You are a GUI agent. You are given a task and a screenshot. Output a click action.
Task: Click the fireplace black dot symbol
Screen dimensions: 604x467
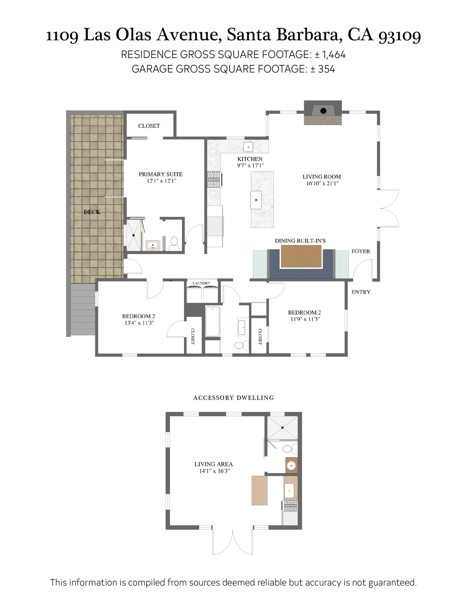[323, 111]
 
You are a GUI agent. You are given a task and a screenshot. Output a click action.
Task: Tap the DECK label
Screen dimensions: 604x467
[92, 212]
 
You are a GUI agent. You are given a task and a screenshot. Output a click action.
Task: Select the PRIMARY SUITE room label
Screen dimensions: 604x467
[161, 174]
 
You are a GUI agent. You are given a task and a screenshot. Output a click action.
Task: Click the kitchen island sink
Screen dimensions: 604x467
[256, 200]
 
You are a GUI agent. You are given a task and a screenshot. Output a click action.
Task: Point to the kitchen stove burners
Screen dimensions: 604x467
[213, 180]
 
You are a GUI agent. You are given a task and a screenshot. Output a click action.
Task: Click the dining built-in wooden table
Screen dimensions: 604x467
[301, 256]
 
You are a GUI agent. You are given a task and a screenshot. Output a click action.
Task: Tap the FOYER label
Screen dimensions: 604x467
[361, 251]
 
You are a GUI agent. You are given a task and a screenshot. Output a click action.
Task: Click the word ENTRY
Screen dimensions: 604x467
[361, 292]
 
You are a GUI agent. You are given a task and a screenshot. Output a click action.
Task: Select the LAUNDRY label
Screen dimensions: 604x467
[201, 283]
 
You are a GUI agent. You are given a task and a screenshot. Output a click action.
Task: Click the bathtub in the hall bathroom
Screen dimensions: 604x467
[212, 321]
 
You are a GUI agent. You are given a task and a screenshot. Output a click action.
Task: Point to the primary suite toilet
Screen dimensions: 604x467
[174, 242]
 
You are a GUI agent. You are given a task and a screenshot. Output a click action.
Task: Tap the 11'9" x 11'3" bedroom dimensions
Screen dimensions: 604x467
[305, 319]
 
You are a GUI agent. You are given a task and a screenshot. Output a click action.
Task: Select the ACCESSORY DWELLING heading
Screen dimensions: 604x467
[233, 398]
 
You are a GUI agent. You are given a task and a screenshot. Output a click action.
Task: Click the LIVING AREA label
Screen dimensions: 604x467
[213, 464]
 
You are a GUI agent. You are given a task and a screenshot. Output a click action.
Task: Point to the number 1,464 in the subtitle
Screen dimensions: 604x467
[334, 55]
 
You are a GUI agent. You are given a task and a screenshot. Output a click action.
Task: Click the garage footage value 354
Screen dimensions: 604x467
[326, 69]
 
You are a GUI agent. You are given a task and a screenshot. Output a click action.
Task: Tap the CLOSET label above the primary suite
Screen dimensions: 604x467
[149, 126]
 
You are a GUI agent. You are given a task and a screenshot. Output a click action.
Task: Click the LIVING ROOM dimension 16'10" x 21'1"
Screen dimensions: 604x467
[322, 183]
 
